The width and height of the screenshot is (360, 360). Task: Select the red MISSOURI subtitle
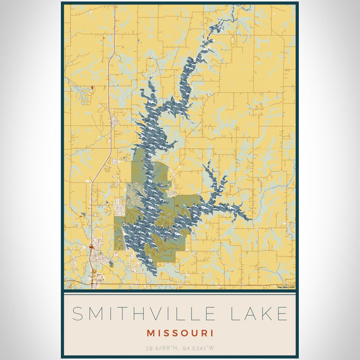click(x=179, y=333)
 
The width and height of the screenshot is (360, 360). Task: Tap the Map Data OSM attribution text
click(x=286, y=287)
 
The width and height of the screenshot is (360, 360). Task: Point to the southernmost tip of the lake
click(x=151, y=274)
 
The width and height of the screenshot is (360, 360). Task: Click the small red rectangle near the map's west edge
click(x=92, y=88)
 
